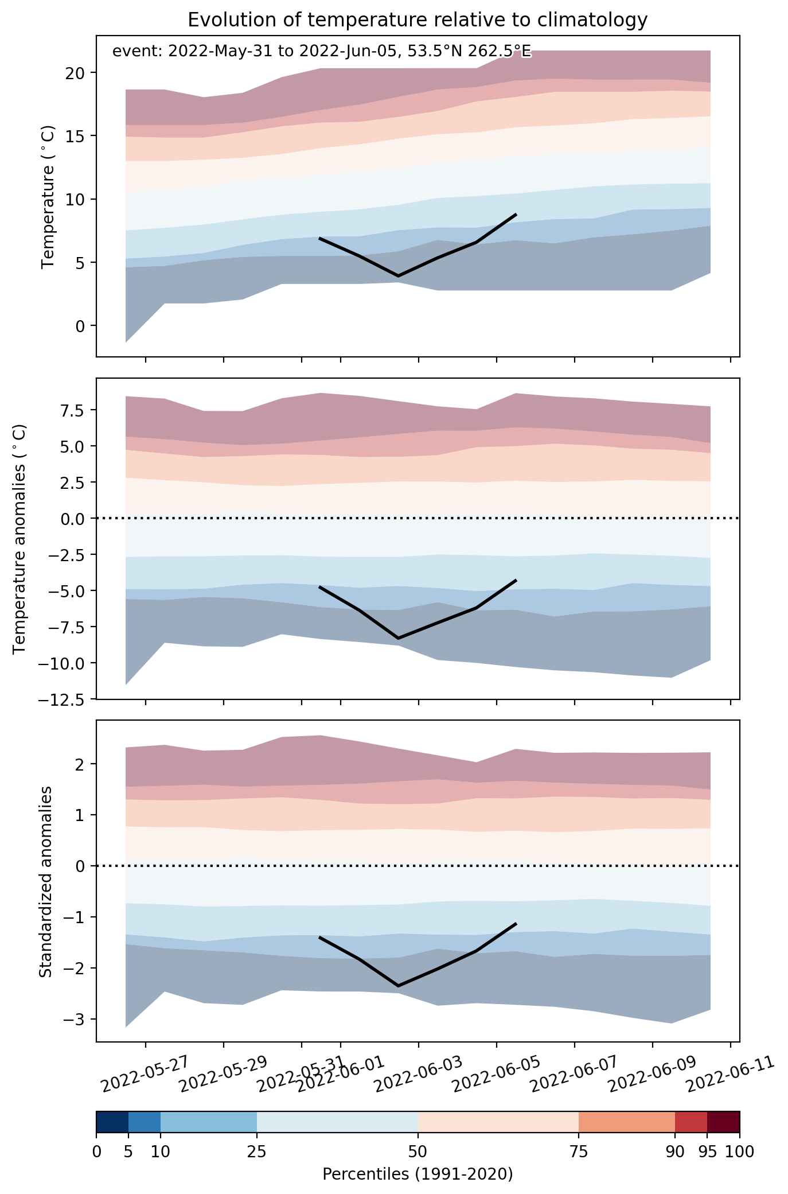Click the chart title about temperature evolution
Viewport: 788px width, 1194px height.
(418, 20)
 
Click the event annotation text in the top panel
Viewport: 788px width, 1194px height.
(322, 52)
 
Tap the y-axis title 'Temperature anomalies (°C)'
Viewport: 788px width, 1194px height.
(19, 538)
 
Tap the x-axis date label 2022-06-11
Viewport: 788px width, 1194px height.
(731, 1076)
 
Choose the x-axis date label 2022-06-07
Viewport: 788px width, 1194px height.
(575, 1076)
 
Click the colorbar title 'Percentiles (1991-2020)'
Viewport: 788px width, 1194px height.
(418, 1174)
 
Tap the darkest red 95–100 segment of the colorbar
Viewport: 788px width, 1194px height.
(723, 1122)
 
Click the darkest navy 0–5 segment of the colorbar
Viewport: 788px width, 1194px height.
(112, 1122)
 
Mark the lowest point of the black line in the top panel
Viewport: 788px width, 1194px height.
(399, 276)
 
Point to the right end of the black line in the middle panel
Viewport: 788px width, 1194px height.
(516, 581)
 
